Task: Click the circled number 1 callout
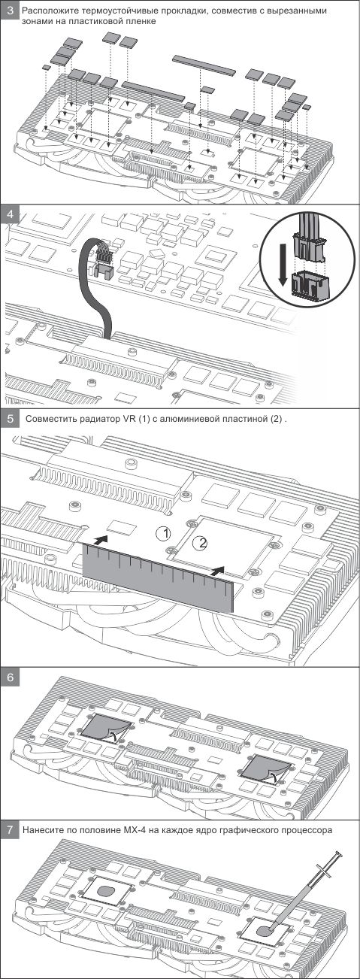pyautogui.click(x=163, y=533)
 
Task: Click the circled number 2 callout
pyautogui.click(x=201, y=542)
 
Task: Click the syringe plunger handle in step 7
pyautogui.click(x=336, y=854)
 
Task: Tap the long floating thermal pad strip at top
pyautogui.click(x=204, y=64)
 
